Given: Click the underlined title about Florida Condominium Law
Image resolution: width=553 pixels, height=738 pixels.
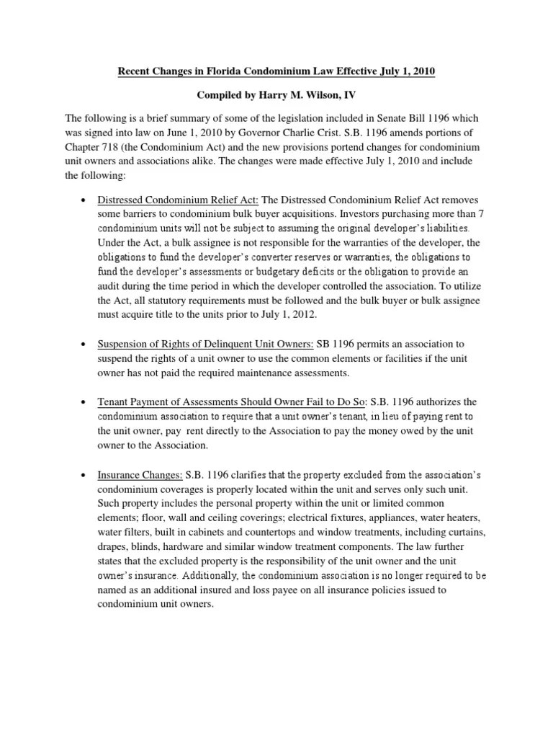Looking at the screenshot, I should coord(276,73).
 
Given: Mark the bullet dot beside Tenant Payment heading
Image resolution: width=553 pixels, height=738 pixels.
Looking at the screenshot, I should coord(84,402).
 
